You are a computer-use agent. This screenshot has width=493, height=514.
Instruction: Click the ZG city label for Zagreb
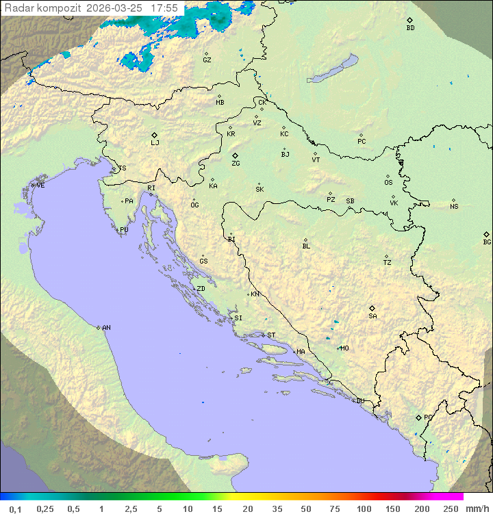(236, 164)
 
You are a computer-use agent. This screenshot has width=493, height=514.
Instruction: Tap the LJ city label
(155, 143)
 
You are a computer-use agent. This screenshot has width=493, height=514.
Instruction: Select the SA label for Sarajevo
(372, 316)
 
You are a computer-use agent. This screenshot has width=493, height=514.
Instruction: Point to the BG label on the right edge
(487, 242)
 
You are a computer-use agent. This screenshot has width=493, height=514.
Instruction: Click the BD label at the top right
(410, 28)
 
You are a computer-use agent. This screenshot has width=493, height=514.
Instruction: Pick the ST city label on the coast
(271, 335)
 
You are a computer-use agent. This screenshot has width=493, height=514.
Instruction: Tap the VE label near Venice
(40, 185)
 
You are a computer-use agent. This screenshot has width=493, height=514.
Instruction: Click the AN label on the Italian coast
(106, 328)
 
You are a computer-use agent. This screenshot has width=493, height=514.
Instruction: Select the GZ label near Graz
(207, 60)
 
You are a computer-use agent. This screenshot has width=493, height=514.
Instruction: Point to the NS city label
(454, 207)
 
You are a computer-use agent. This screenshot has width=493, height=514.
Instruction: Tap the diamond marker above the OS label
(388, 175)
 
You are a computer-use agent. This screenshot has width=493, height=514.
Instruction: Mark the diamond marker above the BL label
(305, 240)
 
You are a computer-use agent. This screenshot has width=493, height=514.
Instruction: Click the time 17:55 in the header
(164, 8)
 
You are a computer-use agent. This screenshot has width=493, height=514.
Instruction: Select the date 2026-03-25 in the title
(115, 8)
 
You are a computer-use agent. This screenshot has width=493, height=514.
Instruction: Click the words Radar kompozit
(42, 8)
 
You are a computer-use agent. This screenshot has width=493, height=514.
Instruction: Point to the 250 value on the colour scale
(451, 509)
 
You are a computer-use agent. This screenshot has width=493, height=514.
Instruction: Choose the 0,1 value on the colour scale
(15, 509)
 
